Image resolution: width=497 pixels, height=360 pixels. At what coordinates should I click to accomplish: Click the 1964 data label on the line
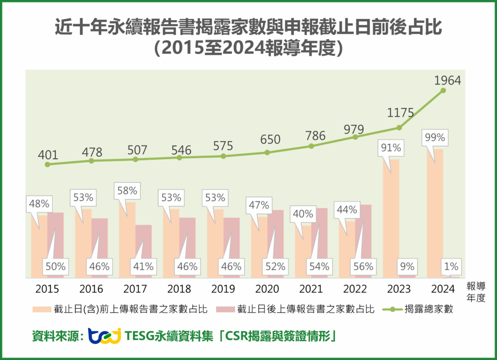click(x=447, y=81)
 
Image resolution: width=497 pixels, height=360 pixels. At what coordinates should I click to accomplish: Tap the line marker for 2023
click(x=399, y=128)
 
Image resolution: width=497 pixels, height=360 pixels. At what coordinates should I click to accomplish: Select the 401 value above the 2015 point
click(x=48, y=155)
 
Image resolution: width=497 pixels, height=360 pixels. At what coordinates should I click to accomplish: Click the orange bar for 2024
click(x=435, y=213)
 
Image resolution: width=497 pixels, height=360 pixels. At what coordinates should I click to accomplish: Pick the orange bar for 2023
click(x=391, y=218)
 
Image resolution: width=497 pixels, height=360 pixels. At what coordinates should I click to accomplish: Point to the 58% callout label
click(x=127, y=191)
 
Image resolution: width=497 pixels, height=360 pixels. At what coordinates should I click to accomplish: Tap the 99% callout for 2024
click(x=434, y=137)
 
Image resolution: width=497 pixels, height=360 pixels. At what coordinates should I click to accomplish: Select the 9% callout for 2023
click(x=407, y=266)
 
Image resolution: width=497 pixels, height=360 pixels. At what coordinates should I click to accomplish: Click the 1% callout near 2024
click(x=451, y=266)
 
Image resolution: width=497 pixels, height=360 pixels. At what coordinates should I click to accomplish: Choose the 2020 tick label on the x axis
click(x=267, y=289)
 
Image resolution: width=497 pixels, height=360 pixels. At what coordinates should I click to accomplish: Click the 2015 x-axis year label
click(x=47, y=289)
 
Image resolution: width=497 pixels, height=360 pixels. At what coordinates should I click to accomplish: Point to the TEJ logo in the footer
click(x=104, y=336)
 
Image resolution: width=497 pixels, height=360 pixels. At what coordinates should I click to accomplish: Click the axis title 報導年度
click(x=476, y=292)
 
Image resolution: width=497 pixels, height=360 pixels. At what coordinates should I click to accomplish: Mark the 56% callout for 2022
click(x=363, y=266)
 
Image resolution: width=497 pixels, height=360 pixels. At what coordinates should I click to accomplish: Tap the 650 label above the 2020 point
click(x=270, y=140)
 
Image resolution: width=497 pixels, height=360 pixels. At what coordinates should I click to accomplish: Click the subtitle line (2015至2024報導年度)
click(x=248, y=49)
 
